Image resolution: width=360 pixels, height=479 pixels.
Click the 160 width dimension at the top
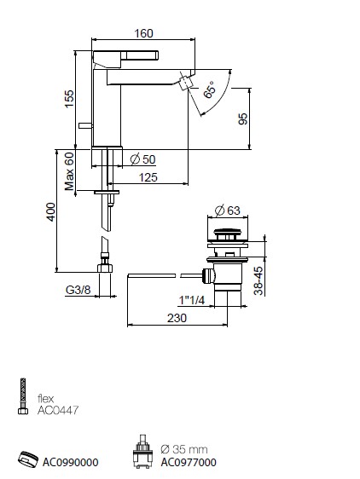[143, 33]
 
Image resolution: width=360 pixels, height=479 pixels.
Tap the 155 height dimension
[69, 98]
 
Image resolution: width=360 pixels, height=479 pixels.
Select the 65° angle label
[210, 89]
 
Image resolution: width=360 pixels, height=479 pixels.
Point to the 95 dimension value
[243, 118]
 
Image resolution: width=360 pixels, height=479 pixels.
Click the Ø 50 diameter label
[142, 159]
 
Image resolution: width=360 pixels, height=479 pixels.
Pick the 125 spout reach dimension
[148, 177]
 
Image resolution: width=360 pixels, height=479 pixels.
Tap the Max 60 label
[69, 171]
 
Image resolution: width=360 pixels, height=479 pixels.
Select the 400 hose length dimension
[51, 211]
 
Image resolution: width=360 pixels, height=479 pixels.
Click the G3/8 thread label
[78, 290]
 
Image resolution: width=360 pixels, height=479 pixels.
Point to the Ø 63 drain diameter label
[228, 211]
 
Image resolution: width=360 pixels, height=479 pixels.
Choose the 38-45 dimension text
[258, 280]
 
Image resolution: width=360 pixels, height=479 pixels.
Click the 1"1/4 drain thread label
[192, 300]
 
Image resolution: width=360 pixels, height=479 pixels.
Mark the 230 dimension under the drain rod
[177, 318]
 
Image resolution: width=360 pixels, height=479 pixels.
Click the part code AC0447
[58, 410]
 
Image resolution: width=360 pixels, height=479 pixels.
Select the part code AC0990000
[70, 462]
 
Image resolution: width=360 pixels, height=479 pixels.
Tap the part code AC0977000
[189, 462]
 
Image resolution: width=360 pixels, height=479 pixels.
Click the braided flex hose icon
[23, 396]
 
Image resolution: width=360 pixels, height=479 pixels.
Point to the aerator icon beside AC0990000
[28, 459]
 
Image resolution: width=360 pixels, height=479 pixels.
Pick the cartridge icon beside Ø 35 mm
[142, 452]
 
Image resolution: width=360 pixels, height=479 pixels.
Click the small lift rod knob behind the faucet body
[85, 125]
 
